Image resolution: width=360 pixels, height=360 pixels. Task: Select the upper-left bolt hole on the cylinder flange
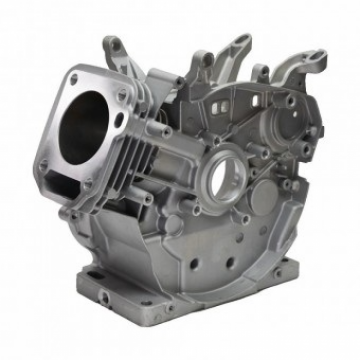[x=71, y=75]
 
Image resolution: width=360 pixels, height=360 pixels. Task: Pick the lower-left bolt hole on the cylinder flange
[x=44, y=164]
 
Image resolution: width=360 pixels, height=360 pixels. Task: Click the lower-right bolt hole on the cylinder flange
[x=94, y=186]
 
